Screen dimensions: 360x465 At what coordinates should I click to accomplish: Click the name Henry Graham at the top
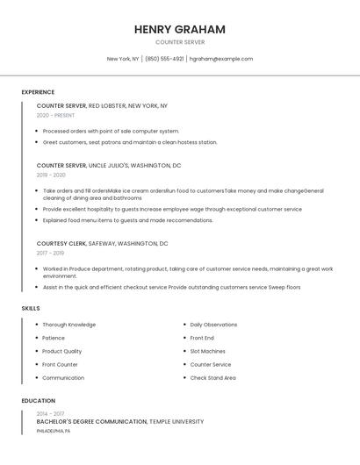click(180, 29)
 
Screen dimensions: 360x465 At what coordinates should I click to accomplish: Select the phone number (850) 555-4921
click(164, 59)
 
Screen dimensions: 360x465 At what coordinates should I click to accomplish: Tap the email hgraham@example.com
click(221, 59)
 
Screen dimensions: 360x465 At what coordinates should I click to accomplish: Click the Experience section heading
click(38, 92)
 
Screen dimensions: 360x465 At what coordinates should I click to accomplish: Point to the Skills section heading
click(31, 308)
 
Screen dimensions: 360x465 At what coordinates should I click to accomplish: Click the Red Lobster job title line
click(102, 105)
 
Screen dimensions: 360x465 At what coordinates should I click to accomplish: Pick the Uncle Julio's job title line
click(109, 165)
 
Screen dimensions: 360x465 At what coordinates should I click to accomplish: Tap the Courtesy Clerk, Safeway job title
click(102, 243)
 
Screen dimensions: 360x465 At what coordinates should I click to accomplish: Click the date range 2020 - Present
click(55, 115)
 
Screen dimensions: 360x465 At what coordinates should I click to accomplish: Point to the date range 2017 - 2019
click(50, 253)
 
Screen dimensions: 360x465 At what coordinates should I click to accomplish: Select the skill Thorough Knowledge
click(69, 325)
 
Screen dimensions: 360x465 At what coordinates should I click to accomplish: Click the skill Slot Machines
click(207, 351)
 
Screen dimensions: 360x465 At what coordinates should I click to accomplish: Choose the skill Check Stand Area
click(212, 377)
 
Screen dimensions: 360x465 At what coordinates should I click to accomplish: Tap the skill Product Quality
click(62, 351)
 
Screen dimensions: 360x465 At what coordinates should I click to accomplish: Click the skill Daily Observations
click(213, 325)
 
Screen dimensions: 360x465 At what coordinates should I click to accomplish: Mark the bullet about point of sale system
click(111, 131)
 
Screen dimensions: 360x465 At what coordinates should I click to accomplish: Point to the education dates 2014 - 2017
click(50, 413)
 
